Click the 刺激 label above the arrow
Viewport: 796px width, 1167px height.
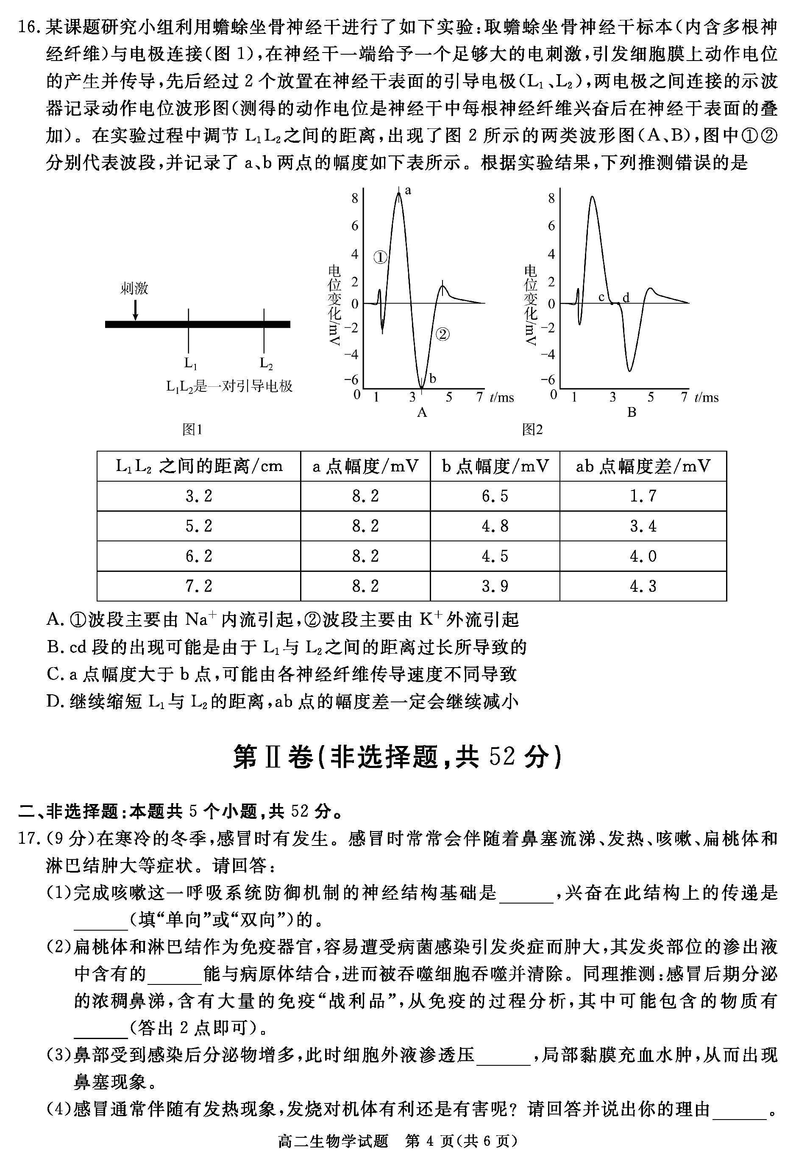coord(134,288)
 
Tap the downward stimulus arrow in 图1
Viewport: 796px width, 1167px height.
coord(135,309)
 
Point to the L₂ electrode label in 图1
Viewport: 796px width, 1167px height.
coord(266,363)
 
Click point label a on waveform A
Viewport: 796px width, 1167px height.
coord(408,190)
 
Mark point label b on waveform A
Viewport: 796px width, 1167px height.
coord(433,379)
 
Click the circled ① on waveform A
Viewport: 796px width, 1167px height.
coord(381,258)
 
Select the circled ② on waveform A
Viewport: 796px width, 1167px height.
coord(442,334)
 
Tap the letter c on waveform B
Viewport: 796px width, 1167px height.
coord(601,297)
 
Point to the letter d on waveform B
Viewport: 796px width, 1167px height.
coord(626,298)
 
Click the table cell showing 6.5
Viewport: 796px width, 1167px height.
coord(495,496)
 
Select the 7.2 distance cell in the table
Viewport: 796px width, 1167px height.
coord(199,586)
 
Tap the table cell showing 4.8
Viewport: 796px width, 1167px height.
coord(495,526)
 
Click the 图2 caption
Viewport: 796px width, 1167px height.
coord(533,430)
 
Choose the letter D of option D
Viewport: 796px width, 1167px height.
coord(53,701)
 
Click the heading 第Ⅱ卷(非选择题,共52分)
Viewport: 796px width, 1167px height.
coord(397,757)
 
